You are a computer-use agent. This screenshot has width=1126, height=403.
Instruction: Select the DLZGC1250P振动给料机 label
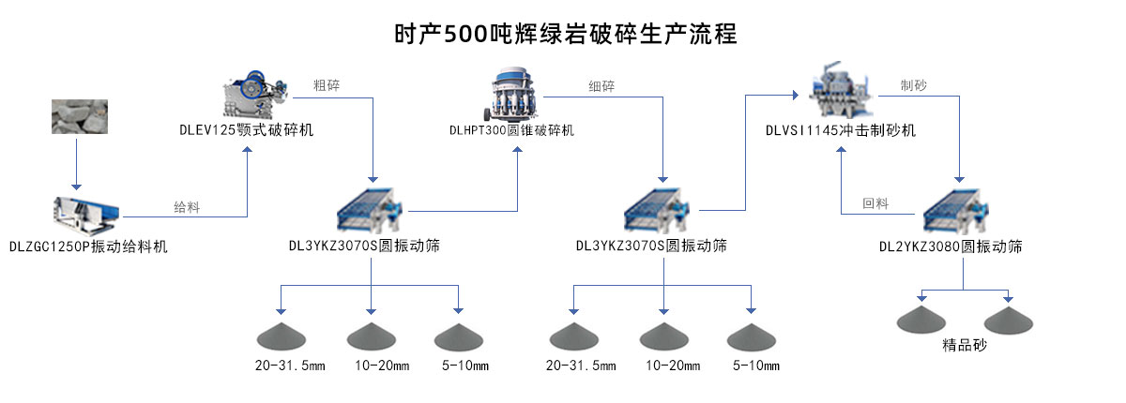pos(88,246)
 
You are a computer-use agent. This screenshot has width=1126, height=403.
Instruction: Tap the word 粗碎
pos(327,85)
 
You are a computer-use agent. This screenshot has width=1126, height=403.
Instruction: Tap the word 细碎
pos(601,86)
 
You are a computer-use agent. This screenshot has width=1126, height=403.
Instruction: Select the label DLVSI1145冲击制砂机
pos(840,130)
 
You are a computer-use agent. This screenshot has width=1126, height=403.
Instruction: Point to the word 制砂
pos(913,85)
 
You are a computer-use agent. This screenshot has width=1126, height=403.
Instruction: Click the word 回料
pos(875,203)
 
